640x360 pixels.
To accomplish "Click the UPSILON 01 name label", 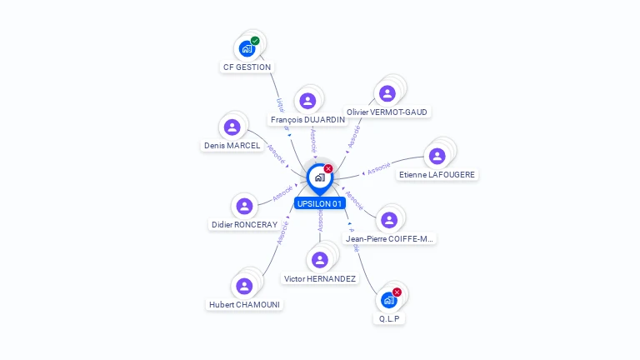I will point(319,203).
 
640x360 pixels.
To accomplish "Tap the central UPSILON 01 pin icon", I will point(319,177).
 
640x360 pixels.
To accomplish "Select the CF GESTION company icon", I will point(247,48).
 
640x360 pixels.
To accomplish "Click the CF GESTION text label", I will point(247,67).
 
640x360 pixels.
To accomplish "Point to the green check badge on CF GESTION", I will point(255,41).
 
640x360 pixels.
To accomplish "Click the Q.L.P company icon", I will point(388,300).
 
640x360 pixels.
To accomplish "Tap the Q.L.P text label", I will point(390,318).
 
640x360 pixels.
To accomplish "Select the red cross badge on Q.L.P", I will point(397,292).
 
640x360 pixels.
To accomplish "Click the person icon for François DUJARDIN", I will point(307,101).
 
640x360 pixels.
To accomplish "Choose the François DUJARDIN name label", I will point(308,120).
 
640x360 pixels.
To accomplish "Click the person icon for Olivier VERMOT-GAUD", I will point(387,93).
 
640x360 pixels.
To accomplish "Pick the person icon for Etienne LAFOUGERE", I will point(437,156).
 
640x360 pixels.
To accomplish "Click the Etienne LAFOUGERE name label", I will point(437,175).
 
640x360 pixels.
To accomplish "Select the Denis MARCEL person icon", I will point(232,127).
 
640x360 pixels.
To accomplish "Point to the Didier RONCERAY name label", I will point(244,224).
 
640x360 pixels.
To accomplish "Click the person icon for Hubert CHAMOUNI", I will point(244,286).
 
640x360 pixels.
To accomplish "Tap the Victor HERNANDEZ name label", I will point(320,278).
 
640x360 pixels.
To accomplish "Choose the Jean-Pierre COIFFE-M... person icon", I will point(388,220).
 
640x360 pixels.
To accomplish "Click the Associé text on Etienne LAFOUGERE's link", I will point(378,169).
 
